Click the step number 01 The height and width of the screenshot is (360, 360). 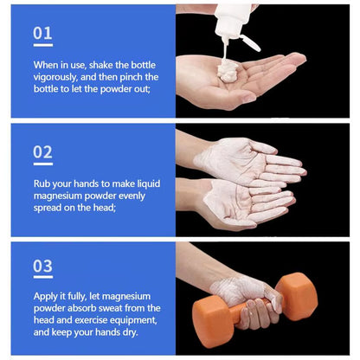pos(42,33)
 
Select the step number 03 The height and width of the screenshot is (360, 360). pos(42,266)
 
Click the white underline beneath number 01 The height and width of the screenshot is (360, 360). pos(42,45)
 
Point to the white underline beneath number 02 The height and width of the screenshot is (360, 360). pos(42,164)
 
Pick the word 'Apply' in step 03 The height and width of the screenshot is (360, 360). pos(46,295)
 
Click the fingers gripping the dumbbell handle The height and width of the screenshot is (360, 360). pos(260,311)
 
